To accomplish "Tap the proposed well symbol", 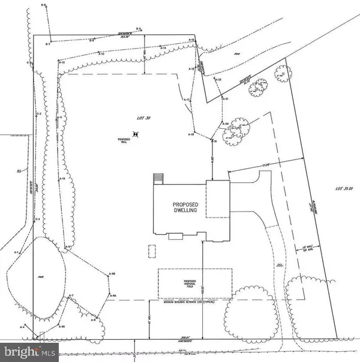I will pyautogui.click(x=136, y=135).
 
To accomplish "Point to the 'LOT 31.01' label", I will pyautogui.click(x=345, y=190).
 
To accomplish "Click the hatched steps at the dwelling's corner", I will pyautogui.click(x=158, y=179).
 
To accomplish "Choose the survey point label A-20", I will pyautogui.click(x=226, y=123).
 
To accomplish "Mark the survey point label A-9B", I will pyautogui.click(x=112, y=274).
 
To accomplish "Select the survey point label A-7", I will pyautogui.click(x=71, y=296).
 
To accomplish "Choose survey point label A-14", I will pyautogui.click(x=163, y=48).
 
